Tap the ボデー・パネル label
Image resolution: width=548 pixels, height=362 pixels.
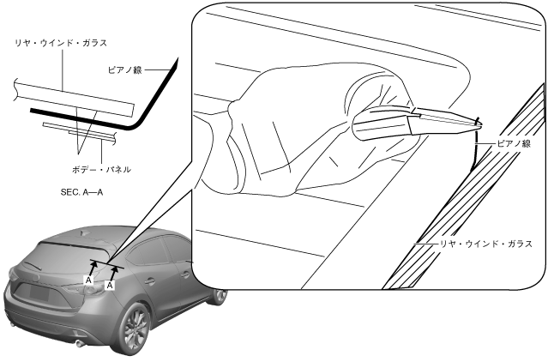point(102,170)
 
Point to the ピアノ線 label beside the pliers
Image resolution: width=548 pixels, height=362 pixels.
point(513,143)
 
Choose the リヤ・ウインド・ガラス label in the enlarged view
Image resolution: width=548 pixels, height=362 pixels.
point(485,244)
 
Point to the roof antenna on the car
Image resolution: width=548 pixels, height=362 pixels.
point(84,232)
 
